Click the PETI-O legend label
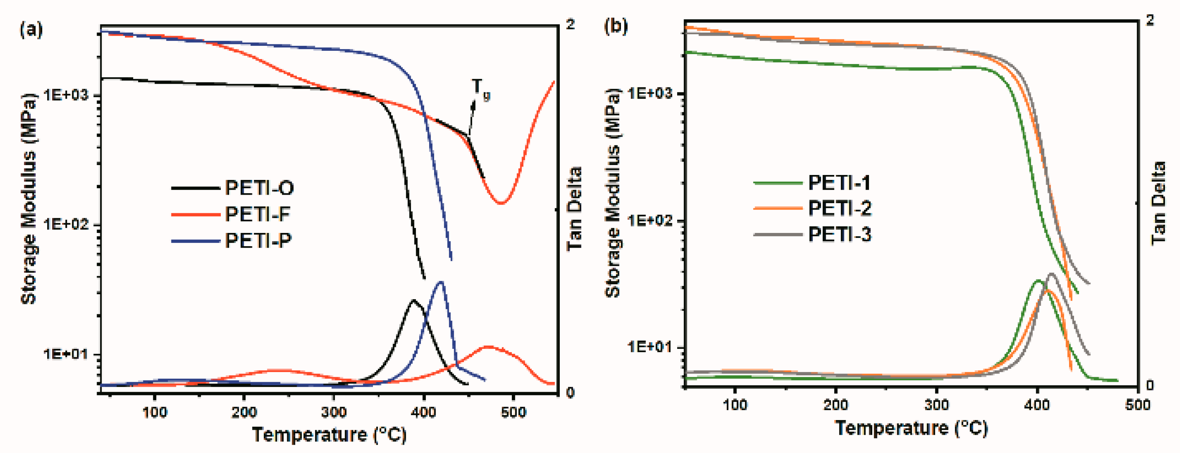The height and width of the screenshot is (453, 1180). [x=259, y=188]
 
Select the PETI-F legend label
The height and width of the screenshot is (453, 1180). [x=257, y=214]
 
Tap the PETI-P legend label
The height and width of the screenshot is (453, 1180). [x=258, y=240]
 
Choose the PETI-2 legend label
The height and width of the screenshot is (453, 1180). [x=839, y=208]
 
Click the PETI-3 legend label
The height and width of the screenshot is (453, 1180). [x=839, y=234]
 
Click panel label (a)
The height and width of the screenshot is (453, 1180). [x=31, y=30]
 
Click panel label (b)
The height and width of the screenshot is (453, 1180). [x=616, y=26]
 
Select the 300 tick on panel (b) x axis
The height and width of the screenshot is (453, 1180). [x=936, y=405]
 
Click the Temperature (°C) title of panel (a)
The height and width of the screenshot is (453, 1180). [x=329, y=435]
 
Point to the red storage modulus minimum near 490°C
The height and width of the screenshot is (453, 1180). [x=501, y=203]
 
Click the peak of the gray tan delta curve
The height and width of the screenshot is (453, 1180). [x=1051, y=274]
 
